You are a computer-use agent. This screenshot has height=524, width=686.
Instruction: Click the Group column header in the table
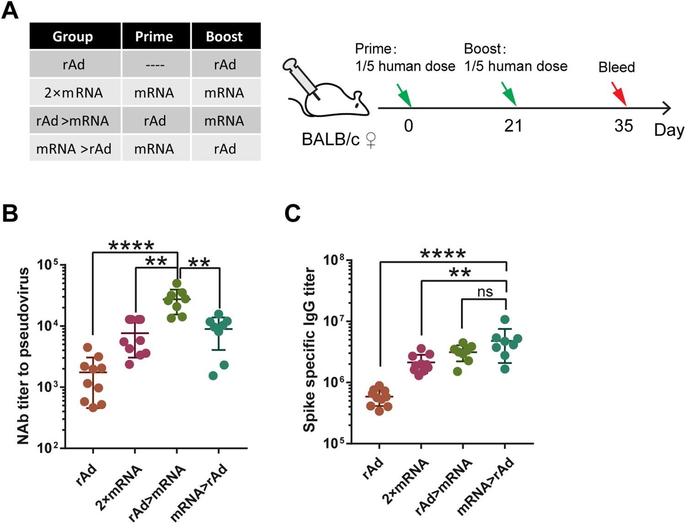[73, 37]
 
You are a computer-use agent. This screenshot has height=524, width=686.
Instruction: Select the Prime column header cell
[154, 37]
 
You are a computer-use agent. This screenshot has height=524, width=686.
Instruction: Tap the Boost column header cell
[224, 37]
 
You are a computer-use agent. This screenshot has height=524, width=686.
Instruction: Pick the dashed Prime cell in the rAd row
[154, 65]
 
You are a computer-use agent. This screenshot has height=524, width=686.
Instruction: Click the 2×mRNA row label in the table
[73, 93]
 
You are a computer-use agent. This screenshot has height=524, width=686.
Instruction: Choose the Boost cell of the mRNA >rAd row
[225, 149]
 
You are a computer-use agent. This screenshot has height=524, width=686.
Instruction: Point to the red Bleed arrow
[619, 94]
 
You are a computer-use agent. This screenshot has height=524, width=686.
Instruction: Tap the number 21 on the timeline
[513, 125]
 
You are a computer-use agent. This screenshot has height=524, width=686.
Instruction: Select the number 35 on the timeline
[623, 125]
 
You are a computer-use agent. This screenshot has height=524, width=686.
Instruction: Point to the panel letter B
[10, 213]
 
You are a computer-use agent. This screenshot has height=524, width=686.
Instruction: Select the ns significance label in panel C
[485, 292]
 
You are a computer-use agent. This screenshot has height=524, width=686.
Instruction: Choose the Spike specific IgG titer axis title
[310, 350]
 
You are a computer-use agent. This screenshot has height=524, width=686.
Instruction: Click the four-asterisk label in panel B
[131, 246]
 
